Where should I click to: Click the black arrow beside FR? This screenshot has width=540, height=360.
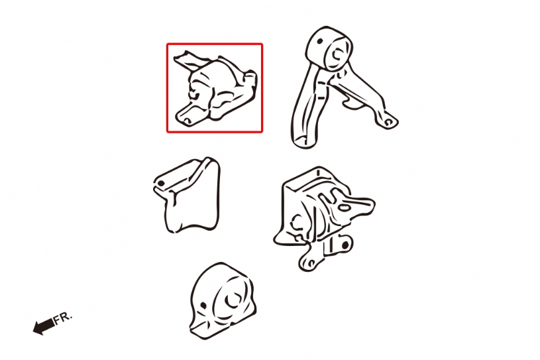[44, 326]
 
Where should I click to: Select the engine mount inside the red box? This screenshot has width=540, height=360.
[215, 89]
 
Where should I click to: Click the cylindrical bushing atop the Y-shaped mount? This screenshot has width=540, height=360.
[329, 48]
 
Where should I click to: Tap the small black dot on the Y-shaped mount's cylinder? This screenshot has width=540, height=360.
[320, 41]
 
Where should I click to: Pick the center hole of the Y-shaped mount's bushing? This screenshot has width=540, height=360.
[337, 55]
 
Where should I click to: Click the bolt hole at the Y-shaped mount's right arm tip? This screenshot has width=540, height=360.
[388, 122]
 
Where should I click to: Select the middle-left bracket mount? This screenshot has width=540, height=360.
[187, 195]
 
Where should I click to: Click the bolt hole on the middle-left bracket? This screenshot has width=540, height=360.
[160, 183]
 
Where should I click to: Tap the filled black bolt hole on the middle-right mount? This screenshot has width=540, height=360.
[345, 245]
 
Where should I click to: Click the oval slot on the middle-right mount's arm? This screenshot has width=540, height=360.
[345, 208]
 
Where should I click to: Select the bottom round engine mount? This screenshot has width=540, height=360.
[223, 301]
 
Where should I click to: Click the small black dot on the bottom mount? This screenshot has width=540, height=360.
[203, 305]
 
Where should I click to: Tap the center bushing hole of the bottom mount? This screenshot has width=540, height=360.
[233, 300]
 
